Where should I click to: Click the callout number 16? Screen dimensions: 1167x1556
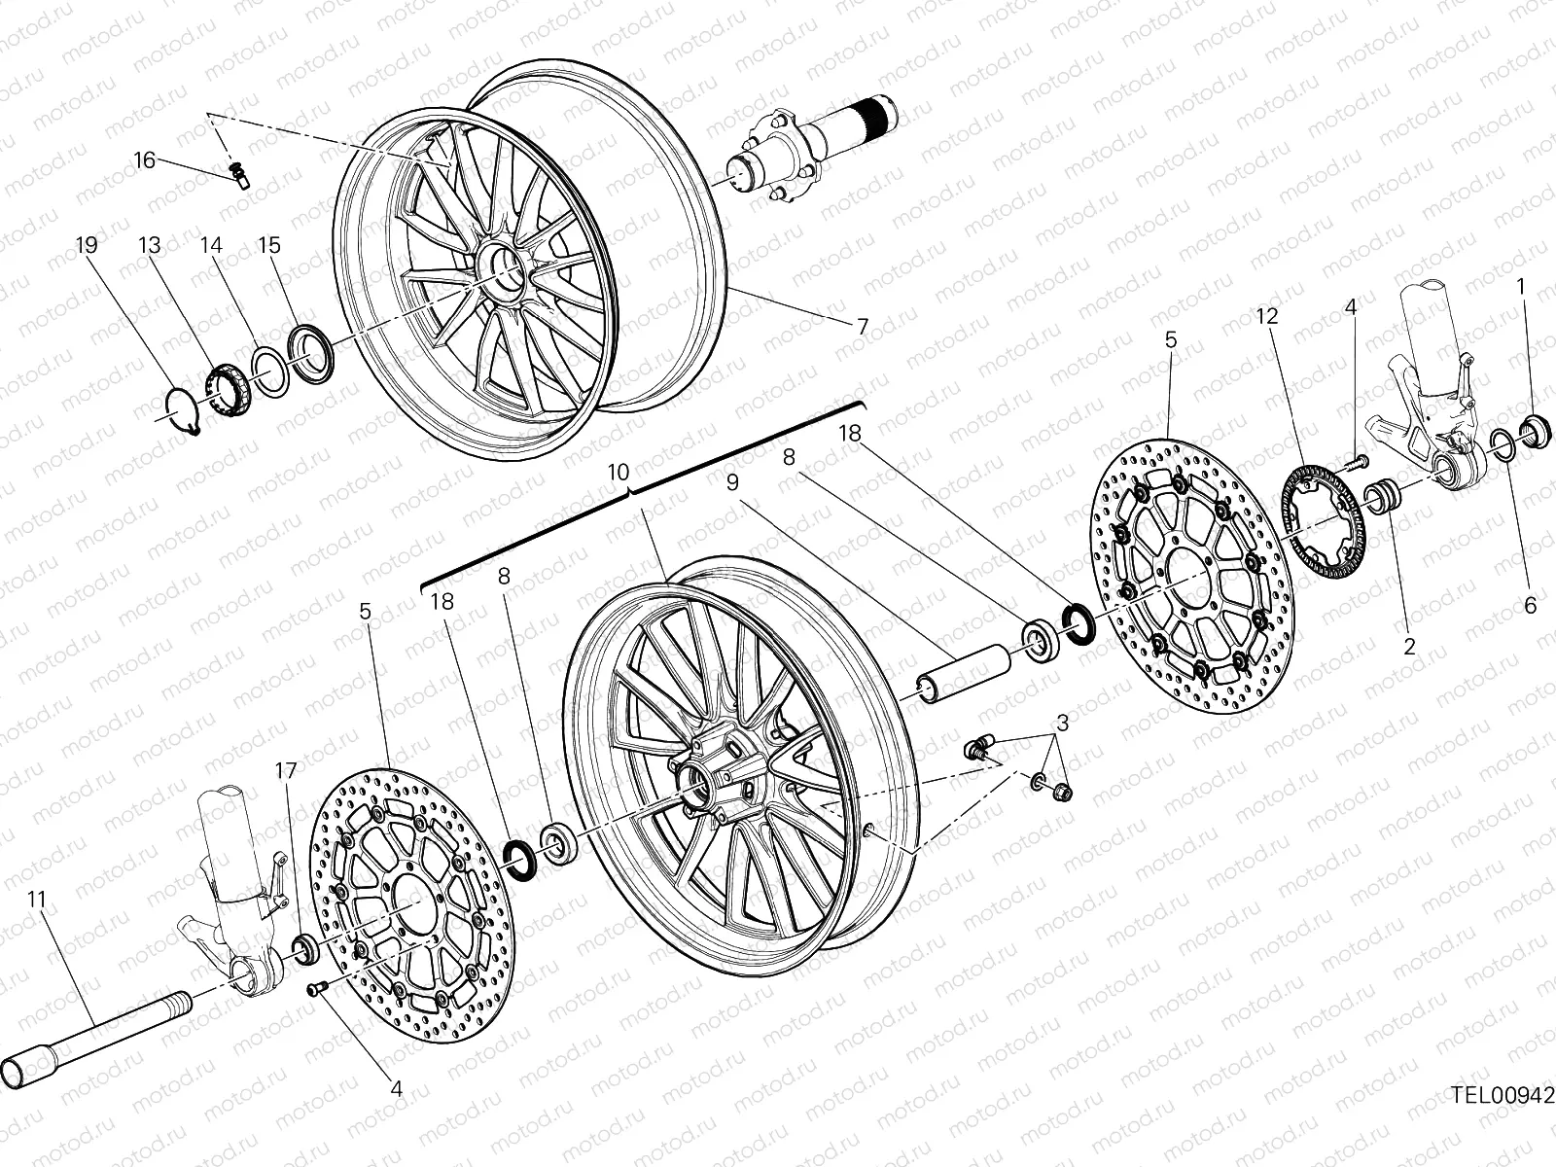[x=144, y=159]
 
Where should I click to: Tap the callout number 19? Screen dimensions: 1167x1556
[x=87, y=245]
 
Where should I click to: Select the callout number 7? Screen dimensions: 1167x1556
[x=862, y=327]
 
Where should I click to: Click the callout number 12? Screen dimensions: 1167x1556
[x=1266, y=316]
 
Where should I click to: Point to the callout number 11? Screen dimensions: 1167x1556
[x=37, y=900]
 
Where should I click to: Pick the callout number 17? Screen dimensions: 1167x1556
[x=285, y=770]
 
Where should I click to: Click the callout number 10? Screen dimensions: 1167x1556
[x=619, y=472]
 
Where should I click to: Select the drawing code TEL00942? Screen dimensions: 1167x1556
[x=1503, y=1094]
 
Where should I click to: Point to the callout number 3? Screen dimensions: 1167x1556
[x=1063, y=723]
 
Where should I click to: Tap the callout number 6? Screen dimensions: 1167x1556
[x=1530, y=606]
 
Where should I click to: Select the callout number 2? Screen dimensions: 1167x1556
[x=1409, y=645]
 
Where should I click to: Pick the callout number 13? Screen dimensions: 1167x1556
[x=149, y=245]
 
